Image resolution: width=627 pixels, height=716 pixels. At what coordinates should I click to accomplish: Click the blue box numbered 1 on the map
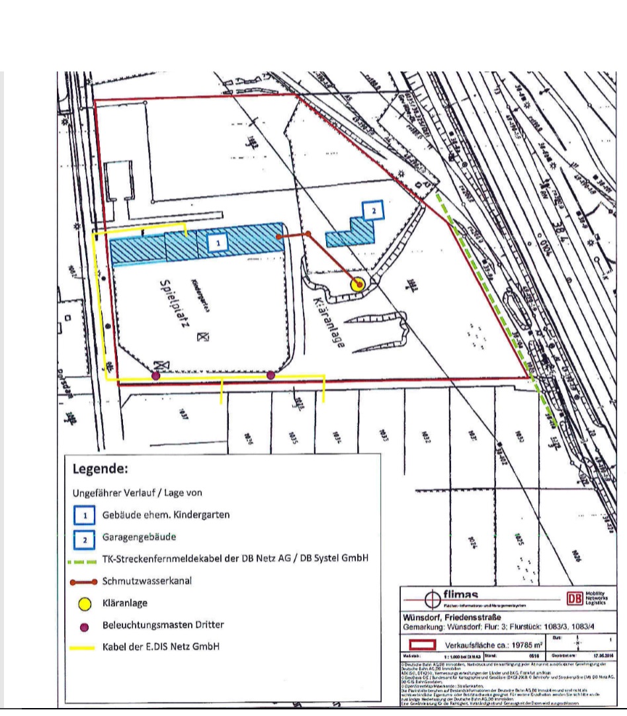click(218, 244)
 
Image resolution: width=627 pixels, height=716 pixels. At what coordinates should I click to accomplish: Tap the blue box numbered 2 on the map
click(374, 211)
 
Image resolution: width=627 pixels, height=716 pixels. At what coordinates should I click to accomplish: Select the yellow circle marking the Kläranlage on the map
click(358, 285)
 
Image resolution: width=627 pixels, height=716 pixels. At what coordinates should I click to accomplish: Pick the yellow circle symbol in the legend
click(85, 604)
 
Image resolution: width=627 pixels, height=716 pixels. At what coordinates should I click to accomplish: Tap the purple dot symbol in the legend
click(85, 625)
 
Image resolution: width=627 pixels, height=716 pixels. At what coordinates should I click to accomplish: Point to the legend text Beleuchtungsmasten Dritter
click(163, 625)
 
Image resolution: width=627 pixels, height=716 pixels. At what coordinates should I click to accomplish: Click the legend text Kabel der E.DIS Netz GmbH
click(161, 647)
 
